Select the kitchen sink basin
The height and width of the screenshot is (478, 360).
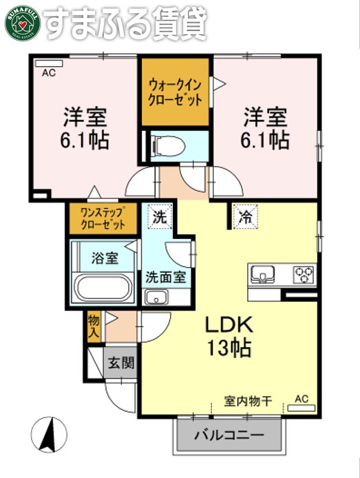click(262, 275)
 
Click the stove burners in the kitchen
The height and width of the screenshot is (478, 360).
click(302, 274)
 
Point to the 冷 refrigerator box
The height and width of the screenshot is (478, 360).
click(244, 217)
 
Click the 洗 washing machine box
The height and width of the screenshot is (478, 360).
click(160, 216)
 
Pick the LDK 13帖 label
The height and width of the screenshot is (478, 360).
click(229, 335)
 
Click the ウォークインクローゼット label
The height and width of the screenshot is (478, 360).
click(176, 92)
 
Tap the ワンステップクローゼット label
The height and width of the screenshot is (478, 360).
click(103, 218)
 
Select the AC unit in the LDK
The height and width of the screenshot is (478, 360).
click(301, 408)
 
